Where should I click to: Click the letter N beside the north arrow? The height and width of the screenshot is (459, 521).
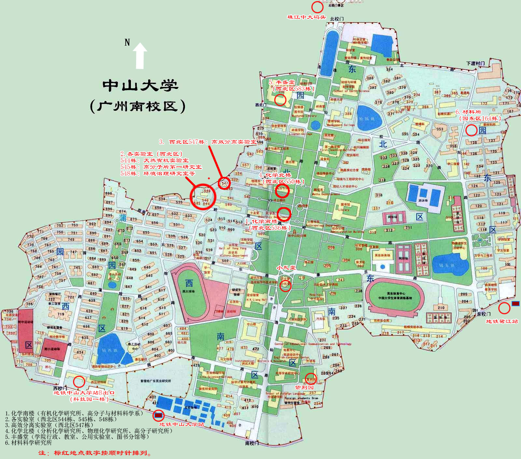pos(127,42)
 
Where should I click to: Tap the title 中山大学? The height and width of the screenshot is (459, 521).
pos(140,86)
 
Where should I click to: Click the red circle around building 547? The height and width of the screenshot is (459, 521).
pos(224,183)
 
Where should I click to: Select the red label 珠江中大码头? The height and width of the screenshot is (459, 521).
pos(306,17)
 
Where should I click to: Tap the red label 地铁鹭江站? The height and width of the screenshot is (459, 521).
pos(501,322)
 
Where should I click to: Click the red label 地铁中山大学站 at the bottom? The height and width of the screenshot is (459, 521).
pos(181,424)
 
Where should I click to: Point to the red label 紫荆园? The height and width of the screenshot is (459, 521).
pos(304,388)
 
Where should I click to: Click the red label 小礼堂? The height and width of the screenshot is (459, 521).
pos(286,268)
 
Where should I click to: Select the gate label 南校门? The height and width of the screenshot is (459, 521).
pos(252,443)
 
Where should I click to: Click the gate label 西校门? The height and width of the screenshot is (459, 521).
pos(60,389)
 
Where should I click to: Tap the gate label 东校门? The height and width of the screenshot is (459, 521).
pos(484,314)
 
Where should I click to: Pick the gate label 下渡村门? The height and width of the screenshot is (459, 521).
pos(475,64)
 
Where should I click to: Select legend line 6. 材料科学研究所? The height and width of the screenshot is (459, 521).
pos(28,443)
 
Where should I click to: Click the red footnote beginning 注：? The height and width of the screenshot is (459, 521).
pos(94,453)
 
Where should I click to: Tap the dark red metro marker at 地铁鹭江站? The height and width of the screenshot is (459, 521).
pos(515,304)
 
